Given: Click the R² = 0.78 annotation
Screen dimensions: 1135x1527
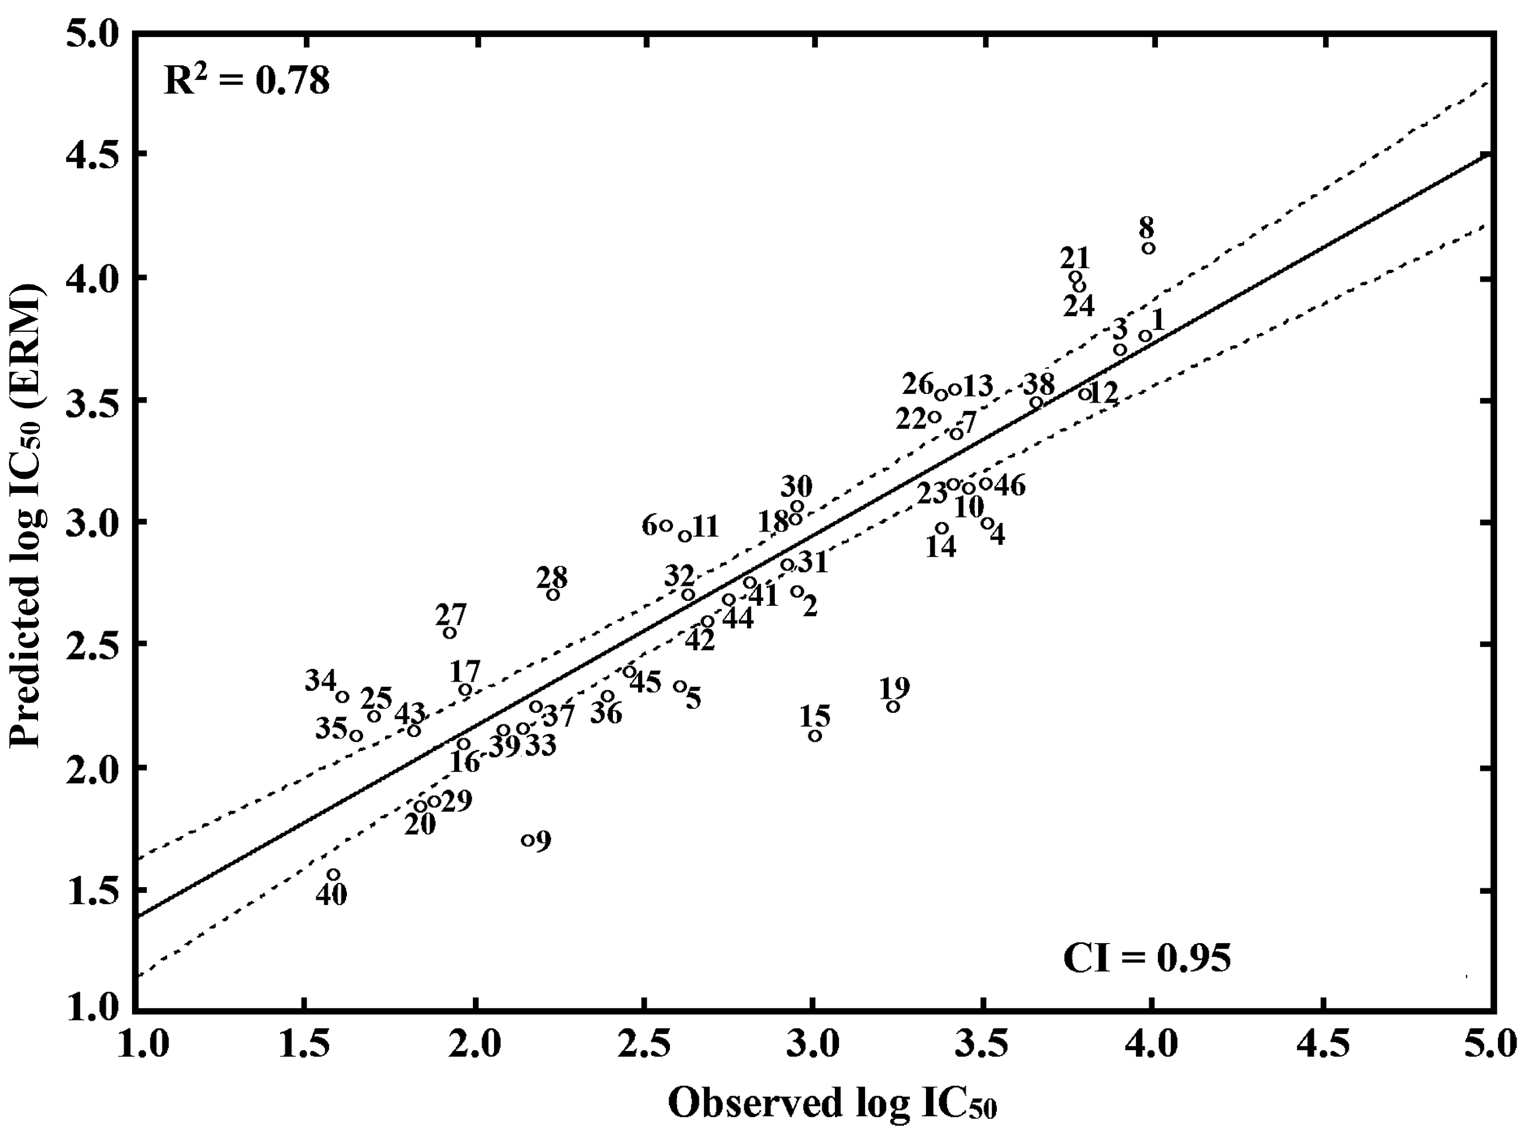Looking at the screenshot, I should (246, 80).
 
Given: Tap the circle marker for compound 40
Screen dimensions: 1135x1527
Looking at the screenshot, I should (333, 874).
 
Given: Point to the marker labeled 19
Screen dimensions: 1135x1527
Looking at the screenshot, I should (893, 706).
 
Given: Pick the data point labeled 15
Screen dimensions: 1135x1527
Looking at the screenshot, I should (815, 736).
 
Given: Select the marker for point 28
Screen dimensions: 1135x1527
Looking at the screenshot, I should (553, 594).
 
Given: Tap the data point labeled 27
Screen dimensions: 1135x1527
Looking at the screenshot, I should (449, 633).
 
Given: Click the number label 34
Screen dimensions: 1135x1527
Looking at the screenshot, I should (320, 682).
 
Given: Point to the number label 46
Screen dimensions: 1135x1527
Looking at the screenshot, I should (1010, 486).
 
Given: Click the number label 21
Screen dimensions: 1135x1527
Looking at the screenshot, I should (1075, 258).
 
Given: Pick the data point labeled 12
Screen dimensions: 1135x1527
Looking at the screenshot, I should (1084, 394).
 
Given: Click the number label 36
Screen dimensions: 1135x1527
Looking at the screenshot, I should (606, 713).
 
